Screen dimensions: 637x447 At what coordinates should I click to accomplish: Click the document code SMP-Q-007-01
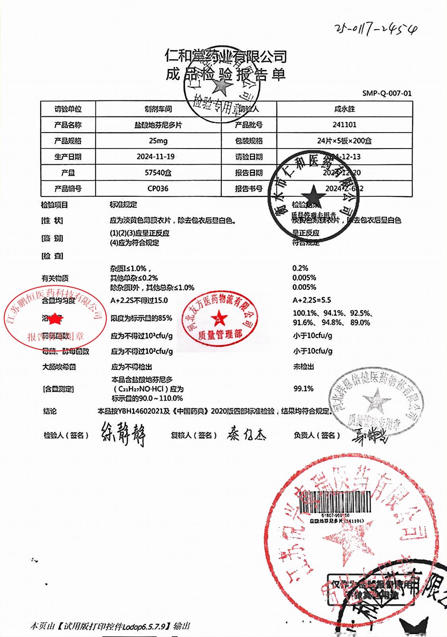tap(386, 93)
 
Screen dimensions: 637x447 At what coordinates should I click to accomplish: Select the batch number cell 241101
tap(344, 125)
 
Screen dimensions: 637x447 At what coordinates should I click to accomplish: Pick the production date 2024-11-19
tap(156, 156)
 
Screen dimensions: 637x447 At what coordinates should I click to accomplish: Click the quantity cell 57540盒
tap(158, 172)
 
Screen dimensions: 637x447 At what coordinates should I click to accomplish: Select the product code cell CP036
tap(158, 188)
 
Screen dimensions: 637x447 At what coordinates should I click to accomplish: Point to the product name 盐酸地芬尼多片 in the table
tap(158, 125)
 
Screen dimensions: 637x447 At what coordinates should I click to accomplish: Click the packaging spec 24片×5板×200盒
tap(344, 141)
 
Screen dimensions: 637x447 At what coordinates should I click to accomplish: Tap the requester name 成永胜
tap(344, 109)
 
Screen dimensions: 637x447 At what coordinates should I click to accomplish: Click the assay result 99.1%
tap(303, 389)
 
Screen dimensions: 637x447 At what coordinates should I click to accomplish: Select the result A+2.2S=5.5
tap(312, 300)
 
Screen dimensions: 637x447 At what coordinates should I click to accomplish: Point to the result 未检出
tap(303, 367)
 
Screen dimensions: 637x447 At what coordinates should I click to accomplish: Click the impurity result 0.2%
tap(300, 268)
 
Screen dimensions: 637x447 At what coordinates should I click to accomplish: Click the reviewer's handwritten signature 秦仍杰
tap(246, 434)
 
